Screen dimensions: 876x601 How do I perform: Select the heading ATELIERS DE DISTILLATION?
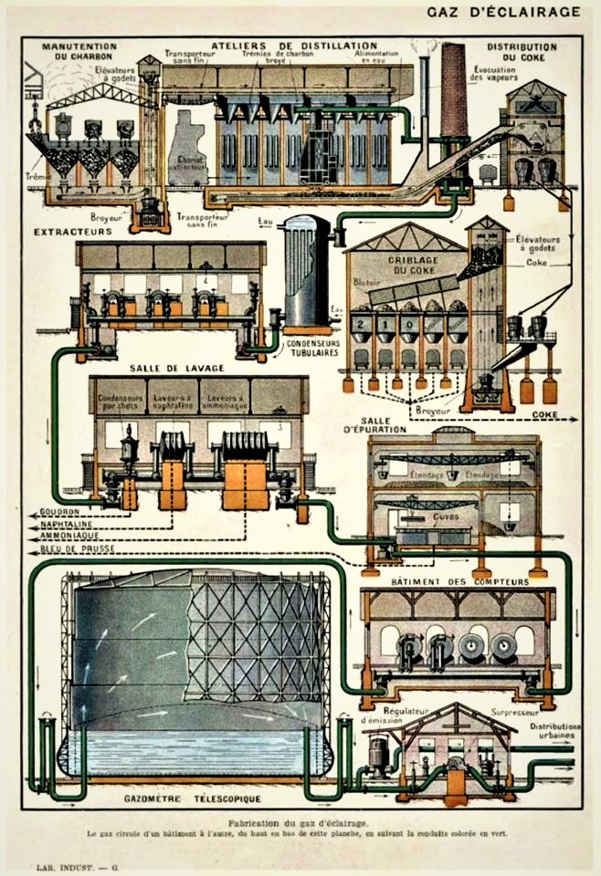[293, 45]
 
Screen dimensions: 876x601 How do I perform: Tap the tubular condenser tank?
[305, 270]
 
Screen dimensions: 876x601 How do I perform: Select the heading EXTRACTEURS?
[73, 232]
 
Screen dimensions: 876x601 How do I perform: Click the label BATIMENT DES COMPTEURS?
[459, 581]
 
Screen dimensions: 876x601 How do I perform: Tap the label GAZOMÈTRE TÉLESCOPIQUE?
[187, 799]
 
